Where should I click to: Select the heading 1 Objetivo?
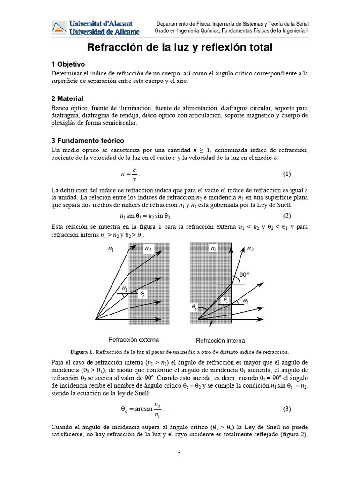coord(68,64)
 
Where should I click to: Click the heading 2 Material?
coord(67,98)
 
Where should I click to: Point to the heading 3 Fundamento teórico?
coord(88,140)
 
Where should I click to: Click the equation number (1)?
coord(287,174)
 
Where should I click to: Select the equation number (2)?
coord(287,216)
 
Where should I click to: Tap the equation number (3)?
coord(287,409)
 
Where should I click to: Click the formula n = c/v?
coord(130,174)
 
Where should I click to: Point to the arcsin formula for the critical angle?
coord(142,409)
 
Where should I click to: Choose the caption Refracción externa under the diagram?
coord(134,339)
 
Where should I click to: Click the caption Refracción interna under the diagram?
coord(220,340)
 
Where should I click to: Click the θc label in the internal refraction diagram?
coord(195,307)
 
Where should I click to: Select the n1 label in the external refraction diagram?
coord(111,249)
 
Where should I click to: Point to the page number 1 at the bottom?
coord(180,454)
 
